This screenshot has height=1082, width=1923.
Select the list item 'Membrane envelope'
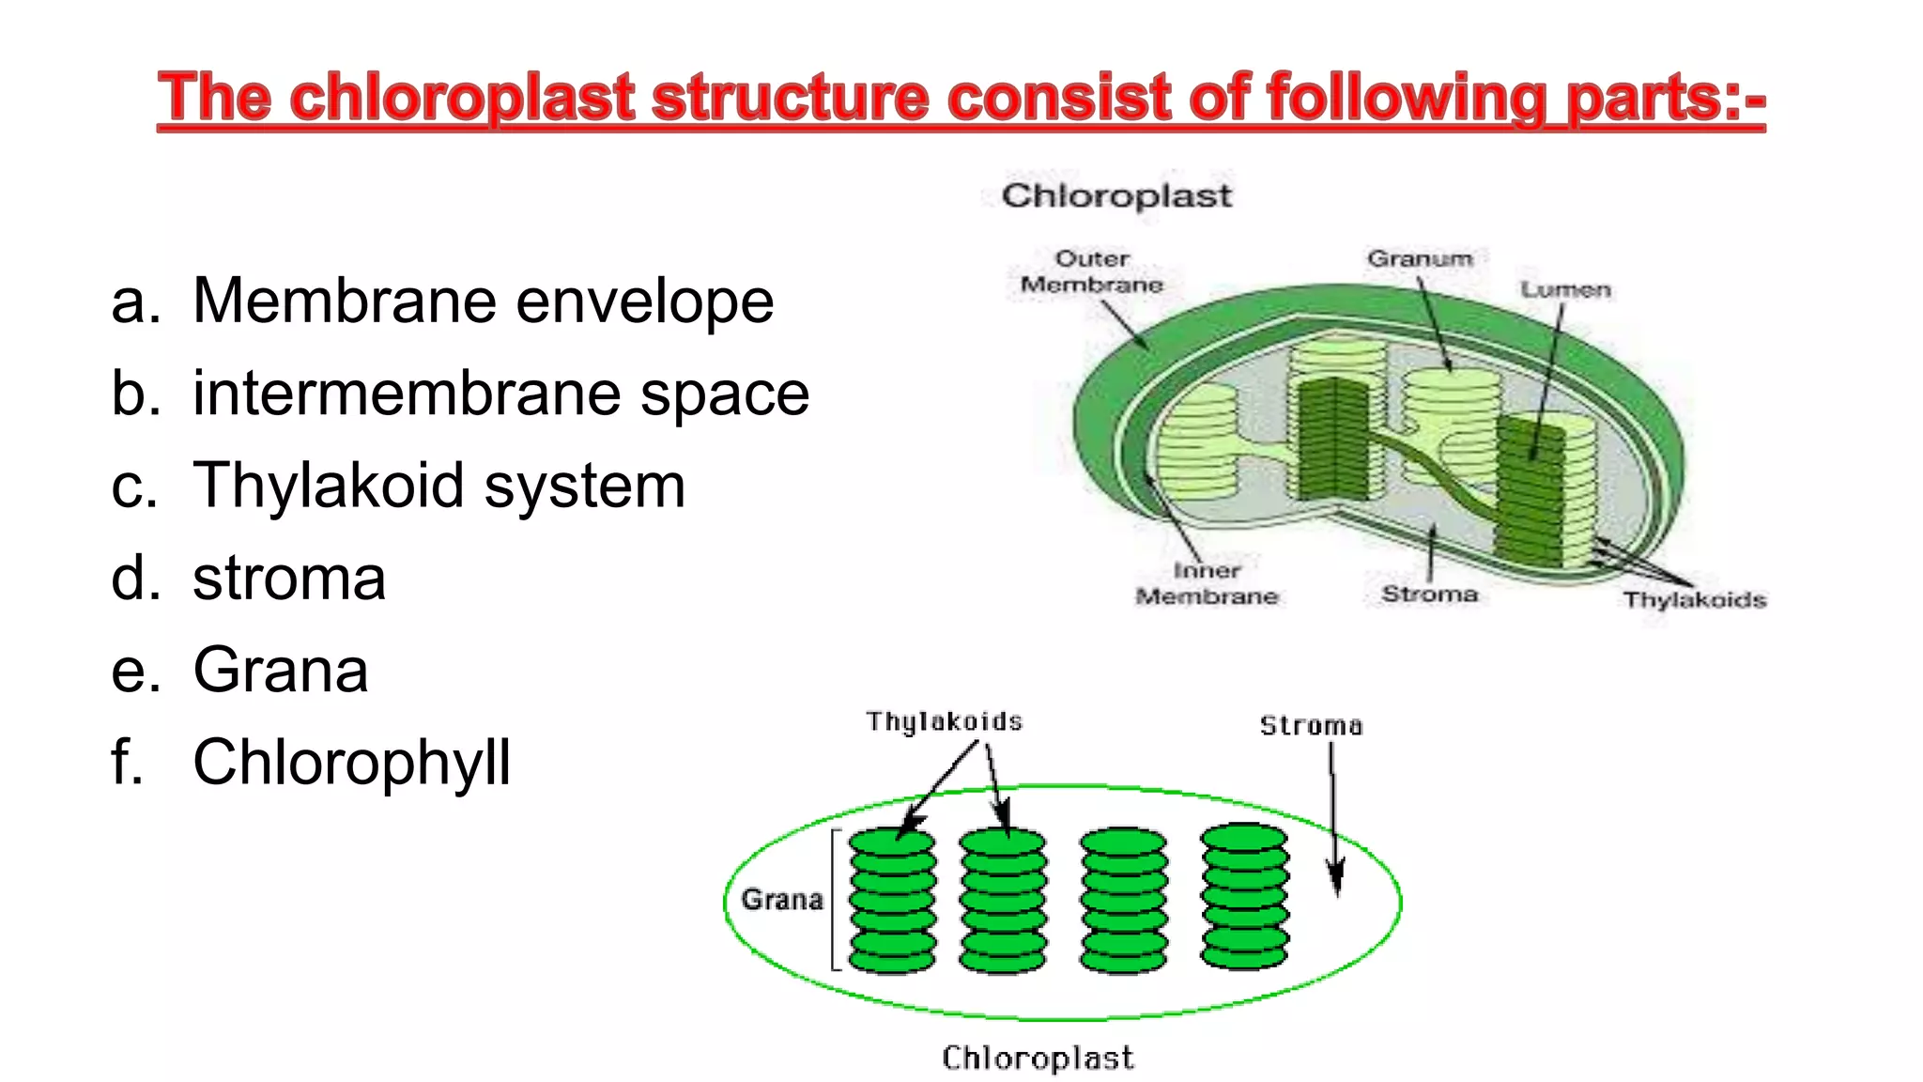coord(483,301)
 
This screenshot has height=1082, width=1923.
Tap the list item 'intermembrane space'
coord(500,394)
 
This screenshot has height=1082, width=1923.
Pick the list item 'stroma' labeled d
coord(289,578)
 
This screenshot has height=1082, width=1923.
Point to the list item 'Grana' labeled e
coord(280,671)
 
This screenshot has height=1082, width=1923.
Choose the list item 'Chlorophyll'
coord(351,762)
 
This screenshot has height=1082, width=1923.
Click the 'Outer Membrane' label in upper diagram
coord(1092,271)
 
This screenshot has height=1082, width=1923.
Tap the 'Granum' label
coord(1420,258)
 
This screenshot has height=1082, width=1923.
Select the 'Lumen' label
coord(1565,290)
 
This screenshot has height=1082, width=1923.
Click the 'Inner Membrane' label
coord(1208,583)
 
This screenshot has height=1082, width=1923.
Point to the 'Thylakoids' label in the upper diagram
coord(1695,599)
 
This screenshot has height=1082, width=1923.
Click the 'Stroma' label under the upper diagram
coord(1429,594)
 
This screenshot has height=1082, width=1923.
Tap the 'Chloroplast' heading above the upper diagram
coord(1116,195)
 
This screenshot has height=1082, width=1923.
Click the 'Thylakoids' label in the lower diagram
coord(944,721)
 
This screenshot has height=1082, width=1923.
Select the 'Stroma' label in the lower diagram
coord(1311,726)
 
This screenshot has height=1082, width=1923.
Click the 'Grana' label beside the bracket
coord(782,900)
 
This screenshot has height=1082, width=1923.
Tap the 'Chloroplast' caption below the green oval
coord(1038,1058)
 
